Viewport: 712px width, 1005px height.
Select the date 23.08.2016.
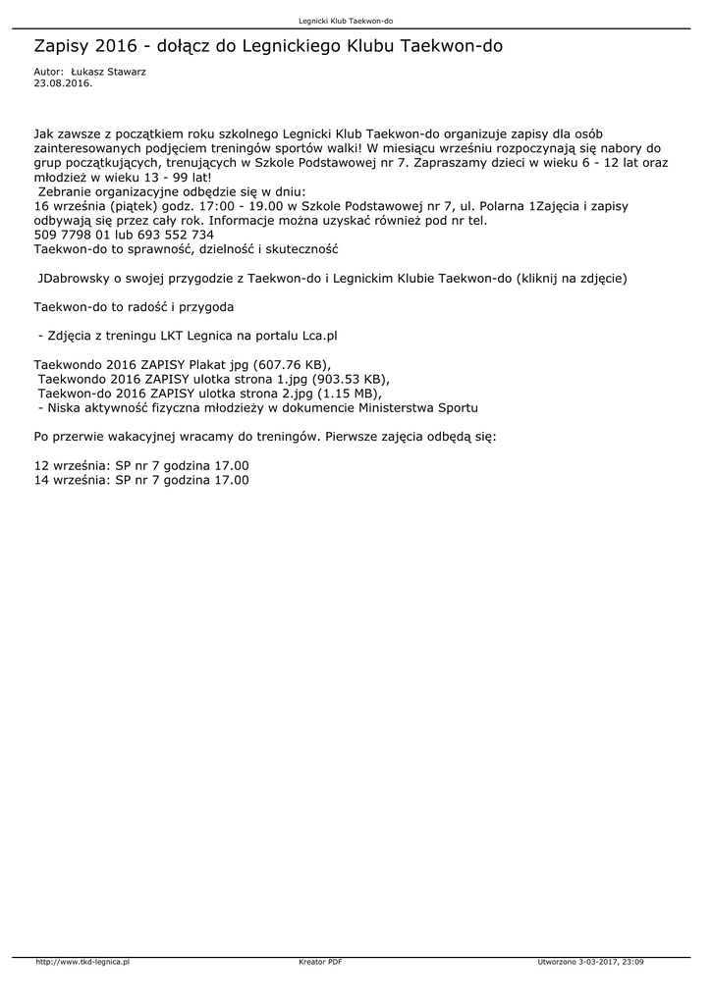coord(63,83)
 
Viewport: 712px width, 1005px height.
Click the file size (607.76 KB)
coord(291,364)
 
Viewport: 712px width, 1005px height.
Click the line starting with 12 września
coord(141,465)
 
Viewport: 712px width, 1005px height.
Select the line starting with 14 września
coord(141,480)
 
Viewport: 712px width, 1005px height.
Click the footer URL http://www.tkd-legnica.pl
coord(82,963)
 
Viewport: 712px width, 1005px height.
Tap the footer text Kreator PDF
coord(319,963)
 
